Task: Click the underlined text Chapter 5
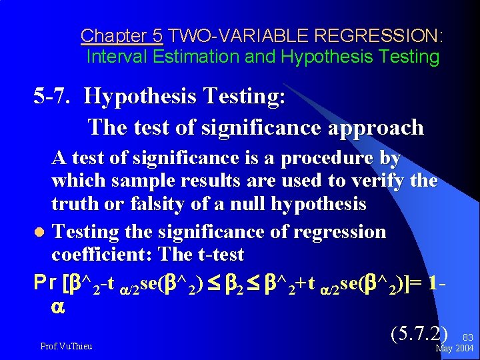(121, 35)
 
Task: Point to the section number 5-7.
(53, 97)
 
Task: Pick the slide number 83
(466, 338)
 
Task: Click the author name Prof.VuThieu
(66, 347)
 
